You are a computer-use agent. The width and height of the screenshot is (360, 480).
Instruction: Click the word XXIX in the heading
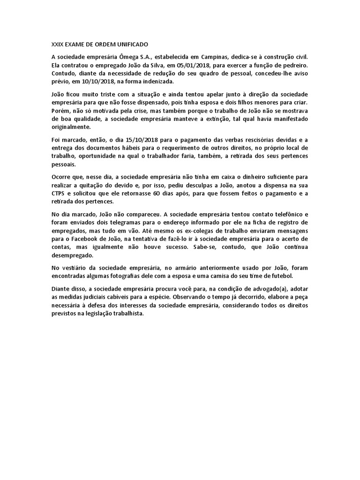click(x=57, y=45)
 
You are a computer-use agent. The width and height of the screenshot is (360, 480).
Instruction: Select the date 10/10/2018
click(x=100, y=81)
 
